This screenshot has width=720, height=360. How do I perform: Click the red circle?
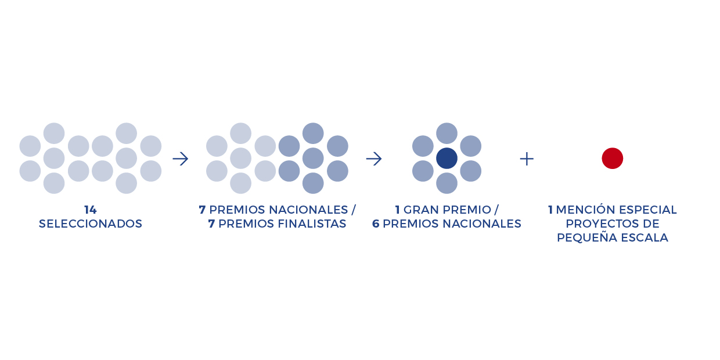click(x=613, y=158)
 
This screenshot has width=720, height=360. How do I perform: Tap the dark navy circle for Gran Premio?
click(x=447, y=158)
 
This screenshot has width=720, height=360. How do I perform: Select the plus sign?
click(x=527, y=159)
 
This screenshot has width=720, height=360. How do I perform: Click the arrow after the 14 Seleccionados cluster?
click(x=181, y=159)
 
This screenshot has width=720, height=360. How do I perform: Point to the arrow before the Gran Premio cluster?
click(x=374, y=159)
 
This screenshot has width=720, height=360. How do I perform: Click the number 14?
click(x=91, y=210)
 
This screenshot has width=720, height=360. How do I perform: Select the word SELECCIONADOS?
click(x=91, y=224)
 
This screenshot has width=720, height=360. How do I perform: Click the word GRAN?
click(x=420, y=210)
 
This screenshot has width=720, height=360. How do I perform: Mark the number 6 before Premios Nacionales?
click(x=376, y=224)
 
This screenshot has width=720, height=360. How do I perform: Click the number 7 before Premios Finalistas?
click(x=211, y=224)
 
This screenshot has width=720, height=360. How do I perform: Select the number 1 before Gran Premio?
click(x=397, y=210)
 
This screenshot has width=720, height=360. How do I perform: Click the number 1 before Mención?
click(x=550, y=210)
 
